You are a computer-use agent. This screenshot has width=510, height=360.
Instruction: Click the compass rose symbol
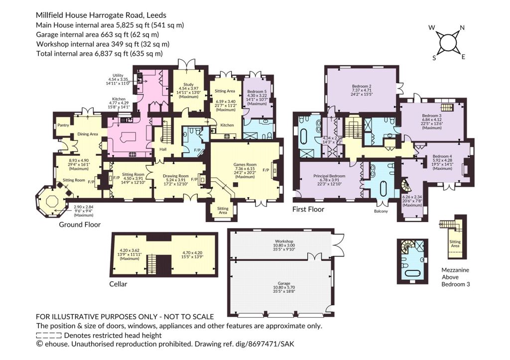[448, 42]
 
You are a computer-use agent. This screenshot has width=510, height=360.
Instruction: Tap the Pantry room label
[63, 125]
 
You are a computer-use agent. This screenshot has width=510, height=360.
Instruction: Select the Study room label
[188, 84]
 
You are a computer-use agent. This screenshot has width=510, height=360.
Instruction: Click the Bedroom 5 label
[256, 92]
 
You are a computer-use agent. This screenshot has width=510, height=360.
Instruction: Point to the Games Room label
[245, 164]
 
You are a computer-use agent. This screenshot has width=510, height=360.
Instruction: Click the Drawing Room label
[176, 176]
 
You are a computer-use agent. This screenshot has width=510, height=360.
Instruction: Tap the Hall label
[163, 149]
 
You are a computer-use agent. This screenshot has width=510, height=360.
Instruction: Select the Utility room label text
[118, 75]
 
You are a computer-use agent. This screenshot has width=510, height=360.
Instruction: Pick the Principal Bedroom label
[329, 176]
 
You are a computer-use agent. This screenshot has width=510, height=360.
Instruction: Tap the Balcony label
[381, 212]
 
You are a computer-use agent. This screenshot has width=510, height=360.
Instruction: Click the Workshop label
[284, 241]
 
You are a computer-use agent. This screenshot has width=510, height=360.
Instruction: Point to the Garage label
[284, 283]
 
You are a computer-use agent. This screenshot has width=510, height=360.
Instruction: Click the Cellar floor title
[118, 284]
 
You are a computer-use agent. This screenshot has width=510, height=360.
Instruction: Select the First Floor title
[308, 209]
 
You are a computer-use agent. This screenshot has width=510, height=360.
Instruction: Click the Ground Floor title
[80, 225]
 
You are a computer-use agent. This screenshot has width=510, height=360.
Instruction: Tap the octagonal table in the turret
[52, 201]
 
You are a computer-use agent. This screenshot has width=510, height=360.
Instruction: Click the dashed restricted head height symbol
[48, 335]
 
